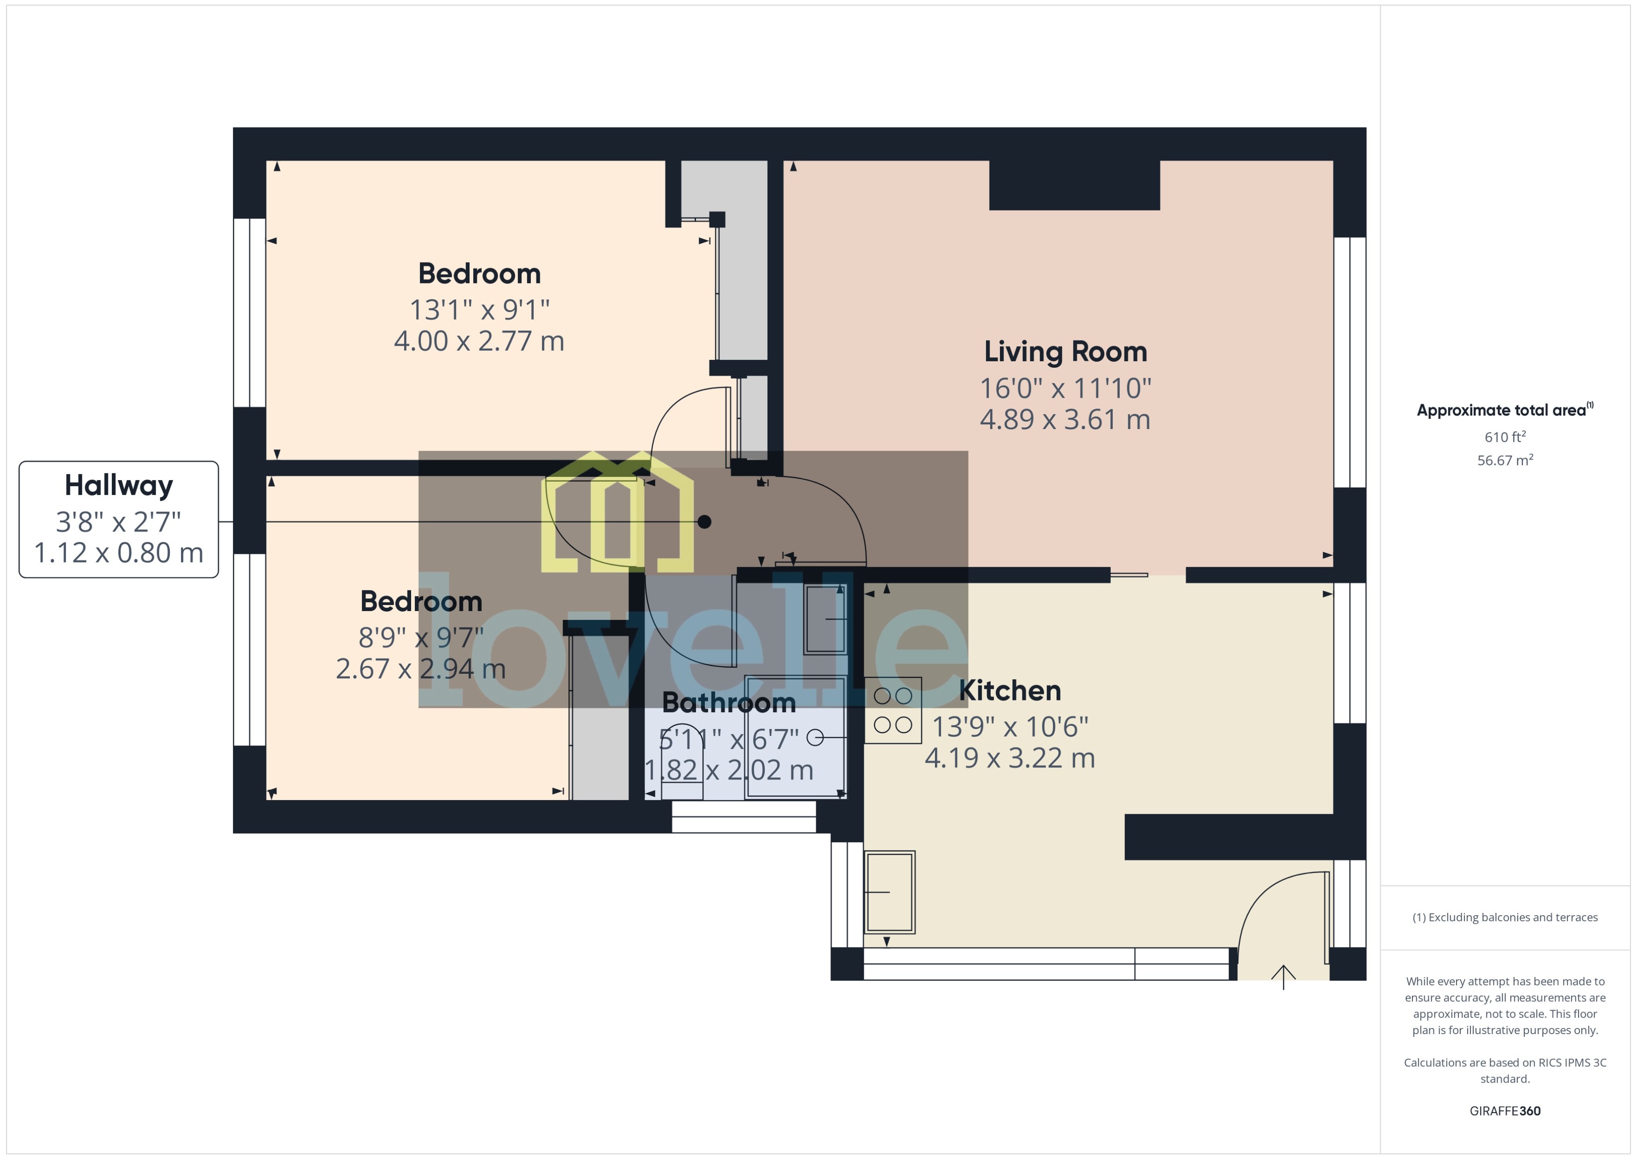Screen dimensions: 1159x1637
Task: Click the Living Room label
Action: (x=1065, y=352)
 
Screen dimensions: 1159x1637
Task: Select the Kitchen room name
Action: (x=1009, y=691)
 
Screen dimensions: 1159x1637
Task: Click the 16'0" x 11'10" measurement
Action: (x=1065, y=388)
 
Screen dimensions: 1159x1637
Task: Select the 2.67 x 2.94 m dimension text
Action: (x=421, y=669)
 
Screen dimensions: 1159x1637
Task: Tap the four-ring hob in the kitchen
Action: (x=892, y=710)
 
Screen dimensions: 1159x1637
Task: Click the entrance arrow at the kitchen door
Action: (x=1283, y=977)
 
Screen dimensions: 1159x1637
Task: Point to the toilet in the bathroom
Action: (x=682, y=764)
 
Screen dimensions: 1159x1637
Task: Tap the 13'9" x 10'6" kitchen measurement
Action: (x=1009, y=727)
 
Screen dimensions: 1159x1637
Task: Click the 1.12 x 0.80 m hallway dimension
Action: (x=118, y=553)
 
